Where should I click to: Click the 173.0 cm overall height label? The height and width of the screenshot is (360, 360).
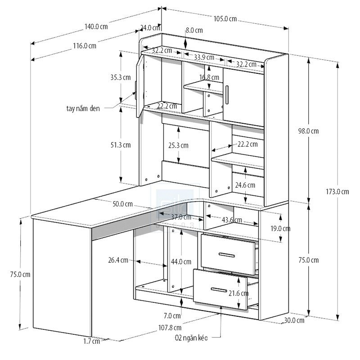[338, 191]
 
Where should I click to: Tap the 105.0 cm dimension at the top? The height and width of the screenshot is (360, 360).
[225, 19]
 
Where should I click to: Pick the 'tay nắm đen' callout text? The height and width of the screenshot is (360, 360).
[84, 108]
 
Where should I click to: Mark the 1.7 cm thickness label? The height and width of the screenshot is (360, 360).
[91, 341]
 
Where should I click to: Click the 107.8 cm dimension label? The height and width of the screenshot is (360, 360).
[171, 327]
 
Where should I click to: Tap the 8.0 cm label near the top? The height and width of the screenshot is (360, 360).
[193, 31]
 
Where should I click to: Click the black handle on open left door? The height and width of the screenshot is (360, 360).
[135, 86]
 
